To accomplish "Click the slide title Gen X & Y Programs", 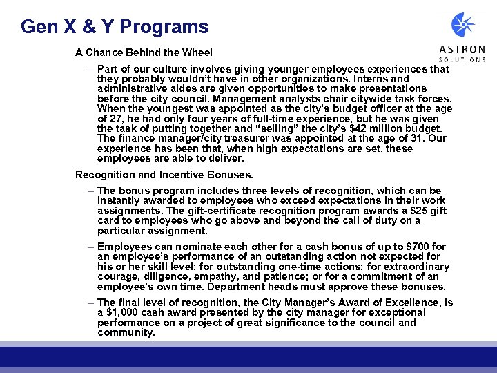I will pos(115,27).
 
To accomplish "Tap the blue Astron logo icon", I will pos(463,25).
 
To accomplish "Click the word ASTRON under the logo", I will pos(462,50).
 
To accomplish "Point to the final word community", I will pos(126,332).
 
